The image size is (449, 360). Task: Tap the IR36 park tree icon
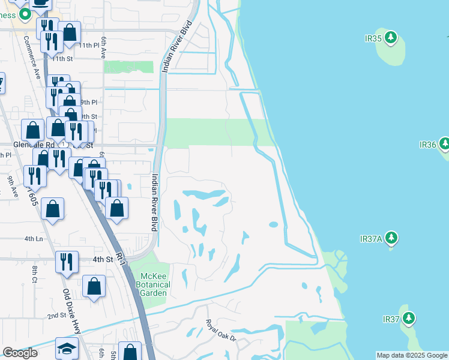coord(444,144)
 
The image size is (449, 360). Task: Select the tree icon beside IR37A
coord(391,238)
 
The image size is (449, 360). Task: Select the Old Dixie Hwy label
coord(74,311)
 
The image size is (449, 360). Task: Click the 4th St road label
coord(102,259)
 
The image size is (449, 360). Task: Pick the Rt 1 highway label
coord(122,258)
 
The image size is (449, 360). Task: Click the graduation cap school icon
coord(67,349)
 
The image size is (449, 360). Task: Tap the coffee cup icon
coord(40,3)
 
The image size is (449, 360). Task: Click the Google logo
coord(20,353)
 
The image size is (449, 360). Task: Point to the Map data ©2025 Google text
coord(411,355)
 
